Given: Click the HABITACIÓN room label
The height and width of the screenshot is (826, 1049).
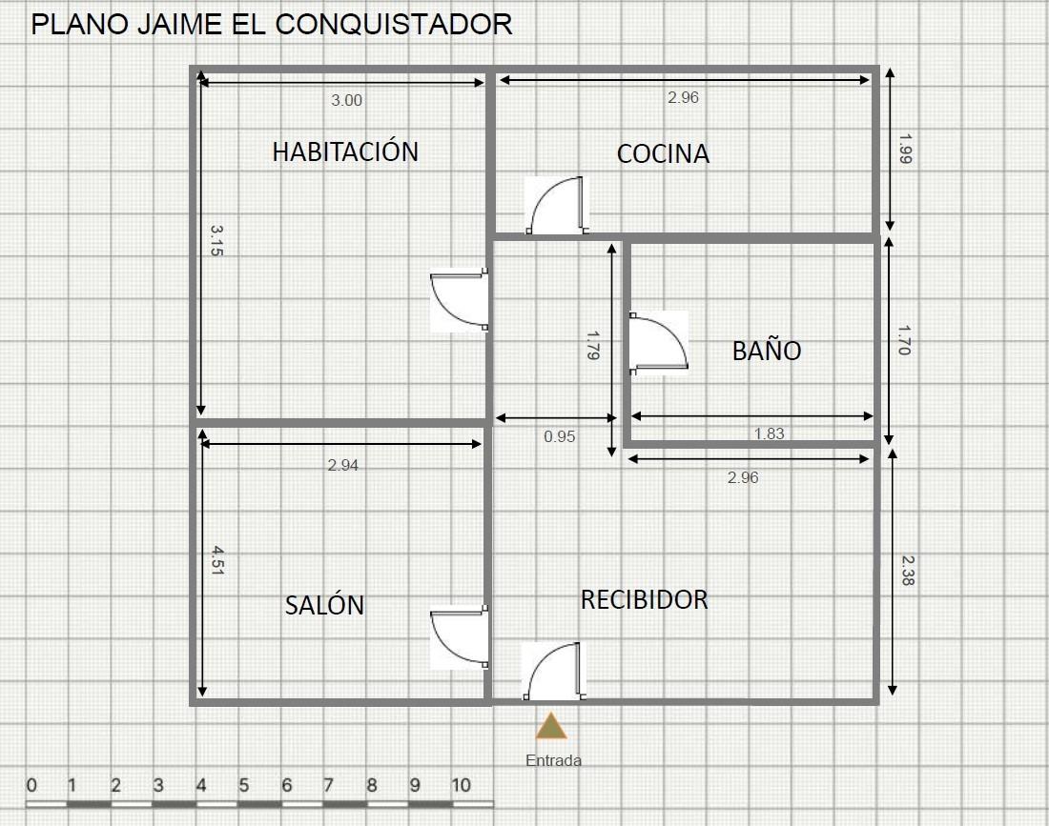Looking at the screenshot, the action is [345, 151].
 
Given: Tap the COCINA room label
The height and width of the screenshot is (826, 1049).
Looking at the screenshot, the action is [663, 153].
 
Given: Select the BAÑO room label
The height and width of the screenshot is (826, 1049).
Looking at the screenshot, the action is [767, 350].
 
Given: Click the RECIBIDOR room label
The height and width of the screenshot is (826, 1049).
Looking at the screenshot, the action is [645, 599].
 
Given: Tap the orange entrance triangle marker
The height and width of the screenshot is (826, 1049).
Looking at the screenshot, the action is [551, 726].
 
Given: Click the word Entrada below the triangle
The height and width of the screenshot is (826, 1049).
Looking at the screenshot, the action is [553, 760].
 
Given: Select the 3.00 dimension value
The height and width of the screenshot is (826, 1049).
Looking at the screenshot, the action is [346, 100].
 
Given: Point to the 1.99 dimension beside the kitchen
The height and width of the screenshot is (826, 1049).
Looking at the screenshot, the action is [904, 149].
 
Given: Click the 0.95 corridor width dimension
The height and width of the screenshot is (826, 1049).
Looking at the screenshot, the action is [559, 436].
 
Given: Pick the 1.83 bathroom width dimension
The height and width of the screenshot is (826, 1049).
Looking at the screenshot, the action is [769, 433].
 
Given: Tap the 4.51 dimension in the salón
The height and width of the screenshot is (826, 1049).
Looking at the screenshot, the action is [217, 560].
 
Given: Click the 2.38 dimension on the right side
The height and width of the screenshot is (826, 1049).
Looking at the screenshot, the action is [907, 571].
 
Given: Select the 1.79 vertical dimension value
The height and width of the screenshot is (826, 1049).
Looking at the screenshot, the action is [592, 346].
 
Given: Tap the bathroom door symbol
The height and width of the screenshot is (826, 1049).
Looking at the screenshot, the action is [659, 343].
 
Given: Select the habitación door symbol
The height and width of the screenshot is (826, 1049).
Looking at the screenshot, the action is [459, 300].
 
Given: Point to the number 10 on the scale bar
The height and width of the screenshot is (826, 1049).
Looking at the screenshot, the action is [461, 785].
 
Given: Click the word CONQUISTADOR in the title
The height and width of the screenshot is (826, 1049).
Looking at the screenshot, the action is [394, 25].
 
